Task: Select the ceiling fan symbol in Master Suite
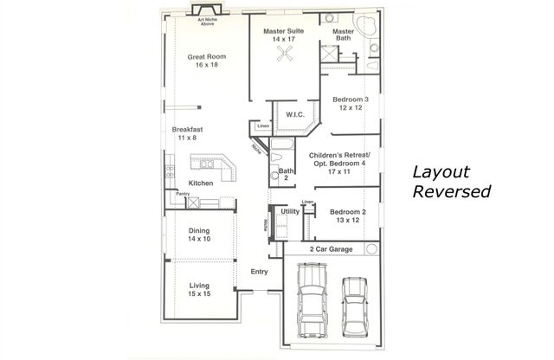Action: tap(285, 55)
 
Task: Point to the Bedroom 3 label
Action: tap(351, 104)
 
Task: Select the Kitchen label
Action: tap(201, 183)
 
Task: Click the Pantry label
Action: tap(182, 195)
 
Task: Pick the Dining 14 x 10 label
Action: tap(199, 235)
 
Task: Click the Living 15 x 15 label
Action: tap(198, 290)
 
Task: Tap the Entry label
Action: tap(259, 273)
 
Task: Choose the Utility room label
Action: tap(290, 211)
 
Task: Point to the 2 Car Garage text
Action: tap(331, 248)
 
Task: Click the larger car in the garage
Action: tap(312, 302)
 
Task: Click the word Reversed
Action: tap(451, 191)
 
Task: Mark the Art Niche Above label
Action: tap(207, 22)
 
